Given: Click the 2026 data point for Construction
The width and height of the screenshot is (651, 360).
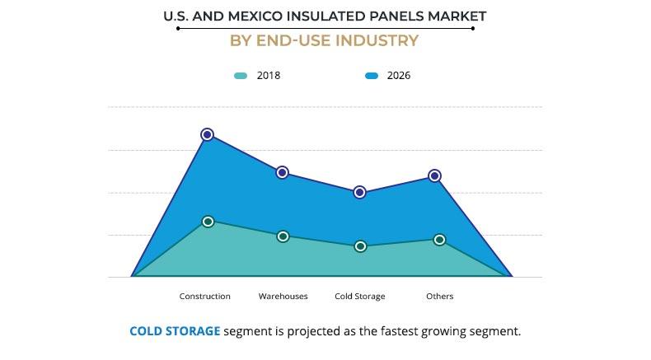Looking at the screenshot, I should (x=208, y=134).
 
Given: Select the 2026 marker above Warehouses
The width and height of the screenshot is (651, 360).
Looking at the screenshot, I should (x=282, y=172).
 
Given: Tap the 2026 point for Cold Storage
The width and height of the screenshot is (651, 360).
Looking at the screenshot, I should (x=359, y=192).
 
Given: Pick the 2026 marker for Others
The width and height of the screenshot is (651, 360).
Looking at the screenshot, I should (x=435, y=175).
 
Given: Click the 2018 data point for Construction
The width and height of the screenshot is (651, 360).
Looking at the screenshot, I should (x=208, y=222).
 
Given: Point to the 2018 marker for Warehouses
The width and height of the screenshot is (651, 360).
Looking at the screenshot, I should (x=283, y=236).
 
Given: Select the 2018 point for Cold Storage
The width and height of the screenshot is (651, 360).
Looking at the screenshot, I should (x=360, y=246).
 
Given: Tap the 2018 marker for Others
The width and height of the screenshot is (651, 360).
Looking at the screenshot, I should (x=439, y=240).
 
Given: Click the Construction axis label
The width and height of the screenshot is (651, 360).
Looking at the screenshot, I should (x=205, y=297).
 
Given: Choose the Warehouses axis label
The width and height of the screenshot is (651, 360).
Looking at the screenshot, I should (x=283, y=297).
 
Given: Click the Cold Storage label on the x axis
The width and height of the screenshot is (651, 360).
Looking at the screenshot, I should (x=360, y=297).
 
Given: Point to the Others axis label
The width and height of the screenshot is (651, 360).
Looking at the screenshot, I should (x=439, y=297).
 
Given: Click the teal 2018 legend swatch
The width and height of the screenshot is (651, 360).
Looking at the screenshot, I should (x=241, y=76).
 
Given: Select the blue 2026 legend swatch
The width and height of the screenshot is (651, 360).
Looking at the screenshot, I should (x=372, y=76).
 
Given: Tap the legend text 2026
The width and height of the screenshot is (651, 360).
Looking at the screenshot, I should (x=398, y=76).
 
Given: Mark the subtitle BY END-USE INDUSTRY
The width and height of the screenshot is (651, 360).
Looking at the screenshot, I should (x=325, y=40).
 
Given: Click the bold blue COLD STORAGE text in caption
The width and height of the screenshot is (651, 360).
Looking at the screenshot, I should (x=175, y=331).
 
